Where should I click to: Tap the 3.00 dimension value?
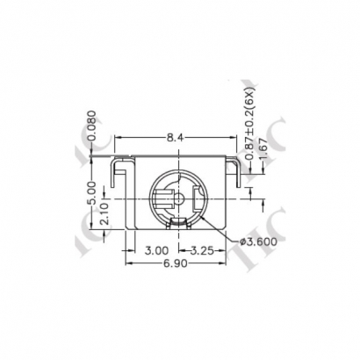(156, 250)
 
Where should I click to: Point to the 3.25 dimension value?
(204, 250)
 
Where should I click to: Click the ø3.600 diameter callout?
(258, 241)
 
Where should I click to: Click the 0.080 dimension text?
(94, 126)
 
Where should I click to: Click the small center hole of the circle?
(179, 197)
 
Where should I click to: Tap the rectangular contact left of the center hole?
(164, 199)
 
